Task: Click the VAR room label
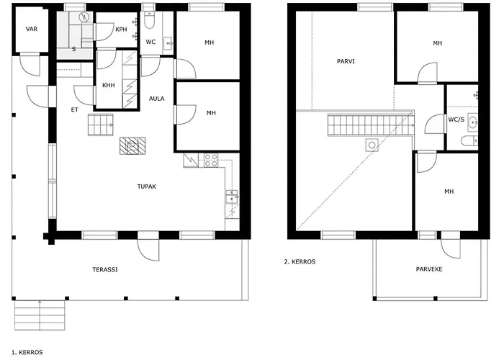pos(32,29)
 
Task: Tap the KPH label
pos(121,29)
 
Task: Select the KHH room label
pos(108,85)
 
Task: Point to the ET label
pos(74,110)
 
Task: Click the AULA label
pos(156,99)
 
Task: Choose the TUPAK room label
pos(147,186)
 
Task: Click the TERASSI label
pos(105,269)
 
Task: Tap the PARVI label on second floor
pos(346,61)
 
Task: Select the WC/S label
pos(456,120)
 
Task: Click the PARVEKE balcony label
pos(428,269)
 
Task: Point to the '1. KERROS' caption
pos(27,352)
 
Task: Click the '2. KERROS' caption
pos(300,262)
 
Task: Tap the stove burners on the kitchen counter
pos(211,160)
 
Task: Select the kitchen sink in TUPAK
pos(231,196)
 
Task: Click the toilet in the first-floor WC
pos(149,15)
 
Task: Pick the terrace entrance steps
pos(40,314)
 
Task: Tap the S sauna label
pos(74,49)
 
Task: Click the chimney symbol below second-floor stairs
pos(372,144)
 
